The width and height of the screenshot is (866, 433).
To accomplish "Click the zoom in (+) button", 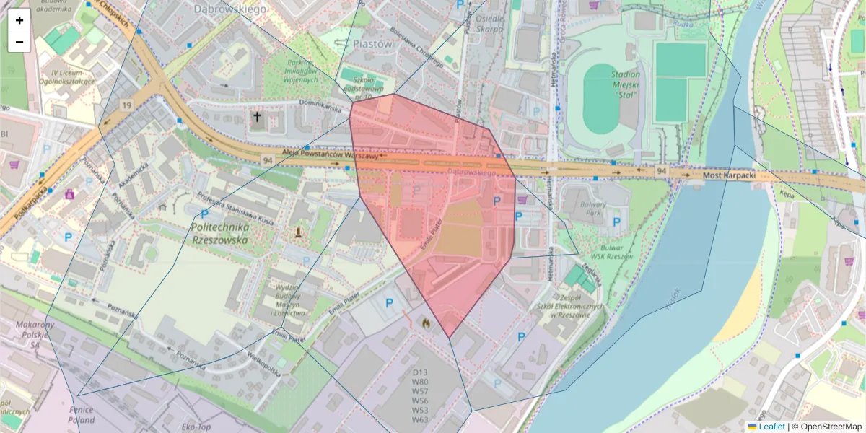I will [19, 20].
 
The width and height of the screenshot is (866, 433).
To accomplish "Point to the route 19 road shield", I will [127, 106].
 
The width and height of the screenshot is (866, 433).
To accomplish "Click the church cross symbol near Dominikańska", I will [257, 117].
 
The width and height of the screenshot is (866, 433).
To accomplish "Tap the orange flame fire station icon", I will [426, 324].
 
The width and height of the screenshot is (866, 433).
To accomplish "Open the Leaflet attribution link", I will [771, 427].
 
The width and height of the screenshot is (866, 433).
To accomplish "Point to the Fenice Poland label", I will [82, 415].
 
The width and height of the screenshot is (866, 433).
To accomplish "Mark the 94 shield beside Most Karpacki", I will [661, 171].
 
